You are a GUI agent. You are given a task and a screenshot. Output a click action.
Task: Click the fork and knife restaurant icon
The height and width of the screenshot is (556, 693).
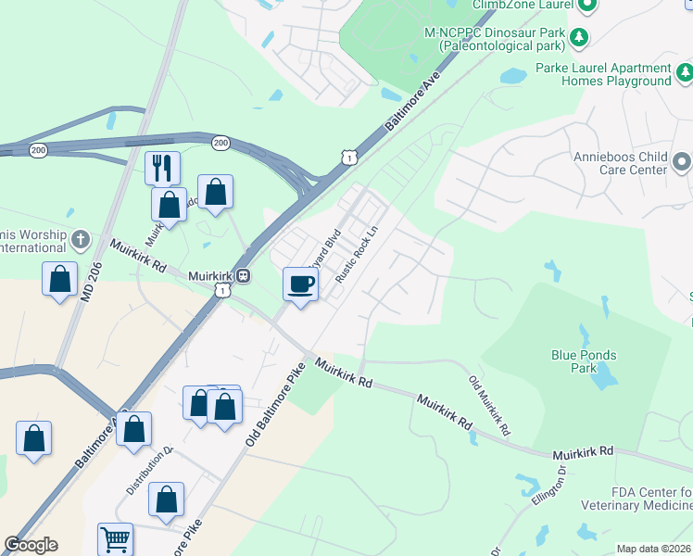(162, 168)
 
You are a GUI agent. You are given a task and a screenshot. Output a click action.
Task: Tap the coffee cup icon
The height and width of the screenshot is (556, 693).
(300, 284)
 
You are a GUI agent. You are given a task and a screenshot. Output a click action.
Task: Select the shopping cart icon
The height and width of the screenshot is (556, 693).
(115, 538)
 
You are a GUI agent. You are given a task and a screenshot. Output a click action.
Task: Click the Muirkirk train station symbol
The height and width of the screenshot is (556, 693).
(243, 275)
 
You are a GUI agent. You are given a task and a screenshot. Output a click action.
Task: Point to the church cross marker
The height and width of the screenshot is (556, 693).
(80, 240)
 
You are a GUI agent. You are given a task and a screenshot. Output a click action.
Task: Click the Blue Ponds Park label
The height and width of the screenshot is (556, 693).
(584, 361)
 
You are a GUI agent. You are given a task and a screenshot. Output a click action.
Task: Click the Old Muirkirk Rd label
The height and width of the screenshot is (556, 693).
(488, 406)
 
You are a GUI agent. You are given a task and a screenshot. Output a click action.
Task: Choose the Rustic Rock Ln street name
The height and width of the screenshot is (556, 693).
(359, 257)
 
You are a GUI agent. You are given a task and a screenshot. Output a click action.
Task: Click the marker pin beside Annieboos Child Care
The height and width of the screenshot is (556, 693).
(683, 163)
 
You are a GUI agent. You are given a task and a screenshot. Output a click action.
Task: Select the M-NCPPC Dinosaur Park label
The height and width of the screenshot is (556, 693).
(495, 38)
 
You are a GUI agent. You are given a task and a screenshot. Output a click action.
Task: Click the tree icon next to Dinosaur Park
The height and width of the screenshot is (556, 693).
(580, 36)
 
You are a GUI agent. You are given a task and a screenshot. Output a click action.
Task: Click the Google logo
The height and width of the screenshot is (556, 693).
(31, 545)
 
